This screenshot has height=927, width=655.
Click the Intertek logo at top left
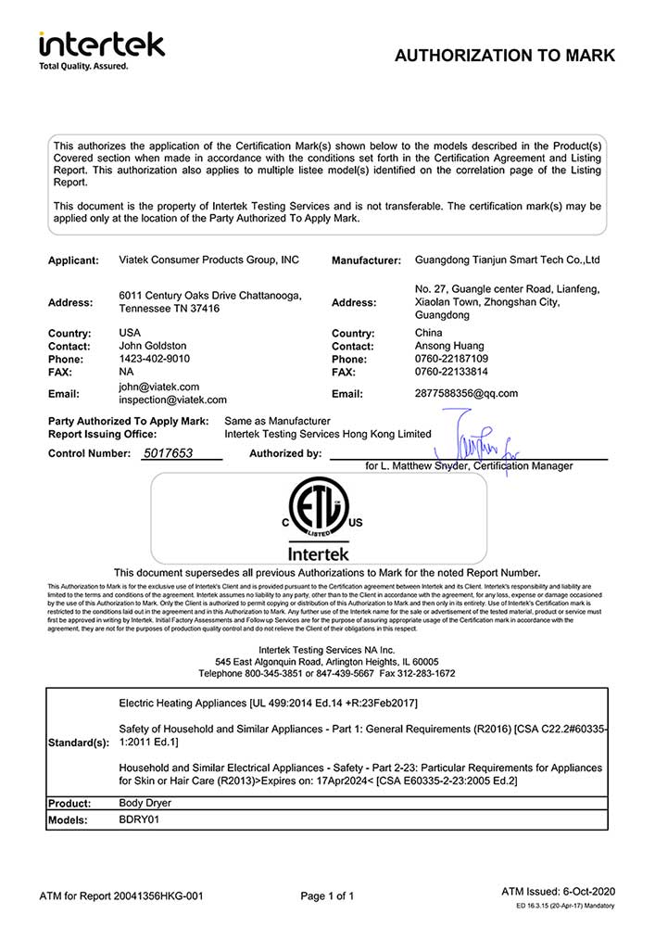(101, 44)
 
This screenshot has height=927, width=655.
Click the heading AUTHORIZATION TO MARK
(505, 56)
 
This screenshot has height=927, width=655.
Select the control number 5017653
(168, 453)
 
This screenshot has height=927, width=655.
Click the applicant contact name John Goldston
(153, 346)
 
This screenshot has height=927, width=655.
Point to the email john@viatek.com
(158, 387)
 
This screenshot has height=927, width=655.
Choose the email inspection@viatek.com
(173, 400)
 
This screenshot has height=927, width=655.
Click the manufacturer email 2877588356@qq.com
(467, 393)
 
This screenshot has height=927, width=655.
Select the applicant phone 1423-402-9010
(155, 359)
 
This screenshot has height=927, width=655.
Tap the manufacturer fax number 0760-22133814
(452, 371)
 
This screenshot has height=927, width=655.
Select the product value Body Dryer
(145, 802)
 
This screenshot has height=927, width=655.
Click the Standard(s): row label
(78, 743)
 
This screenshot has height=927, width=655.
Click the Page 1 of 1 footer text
(328, 895)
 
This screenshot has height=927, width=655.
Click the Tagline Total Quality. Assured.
(82, 66)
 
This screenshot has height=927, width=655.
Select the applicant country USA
(131, 332)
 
